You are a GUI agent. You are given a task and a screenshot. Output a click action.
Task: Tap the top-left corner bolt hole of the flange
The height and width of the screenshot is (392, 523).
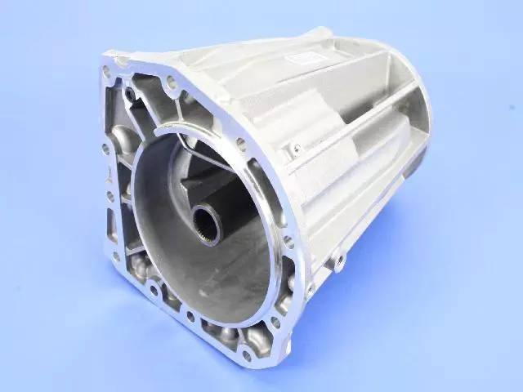tap(106, 72)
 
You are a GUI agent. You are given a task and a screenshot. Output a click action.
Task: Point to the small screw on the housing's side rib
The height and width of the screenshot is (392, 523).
tap(296, 148)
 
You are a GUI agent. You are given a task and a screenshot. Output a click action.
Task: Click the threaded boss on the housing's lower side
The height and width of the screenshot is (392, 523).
tap(341, 260)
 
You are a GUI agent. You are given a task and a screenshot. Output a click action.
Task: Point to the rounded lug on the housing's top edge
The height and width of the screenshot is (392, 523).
tap(318, 35)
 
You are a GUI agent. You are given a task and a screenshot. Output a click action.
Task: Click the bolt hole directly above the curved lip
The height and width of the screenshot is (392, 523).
tap(172, 82)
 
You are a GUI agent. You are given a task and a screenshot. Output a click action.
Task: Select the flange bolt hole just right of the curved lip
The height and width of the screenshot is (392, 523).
tap(241, 144)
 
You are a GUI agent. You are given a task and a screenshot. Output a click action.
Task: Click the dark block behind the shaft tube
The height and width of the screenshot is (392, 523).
tap(204, 176)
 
